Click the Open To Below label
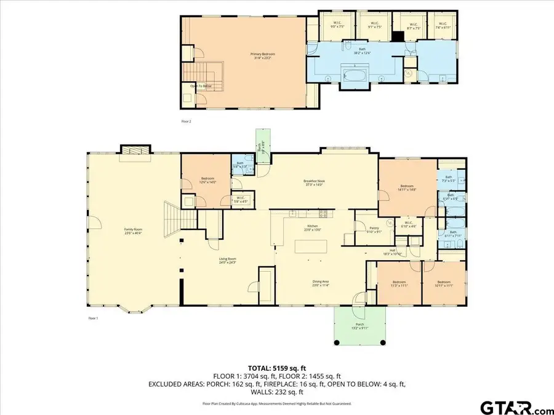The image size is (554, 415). pos(201,86)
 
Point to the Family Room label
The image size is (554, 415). pos(133,231)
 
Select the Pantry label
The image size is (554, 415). pos(374,230)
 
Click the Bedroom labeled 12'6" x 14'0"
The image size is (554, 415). pos(206,181)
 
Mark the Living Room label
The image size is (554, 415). pos(228,261)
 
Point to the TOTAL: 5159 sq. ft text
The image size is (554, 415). pos(276,367)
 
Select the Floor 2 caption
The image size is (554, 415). pos(187,122)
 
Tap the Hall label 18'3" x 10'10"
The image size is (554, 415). pos(391,251)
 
